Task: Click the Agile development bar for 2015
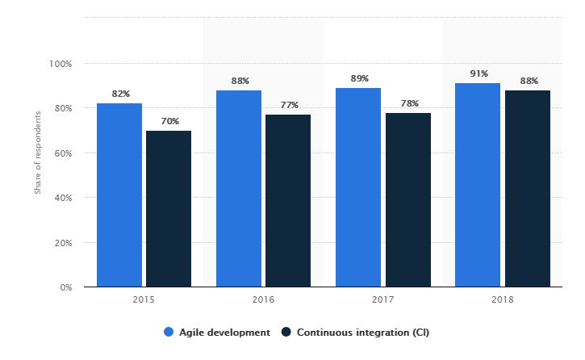[x=119, y=195]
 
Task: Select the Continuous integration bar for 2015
[x=169, y=208]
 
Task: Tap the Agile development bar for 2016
[x=239, y=188]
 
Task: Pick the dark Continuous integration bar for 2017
[x=407, y=199]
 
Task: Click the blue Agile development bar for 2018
[x=478, y=185]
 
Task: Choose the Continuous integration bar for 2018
[x=527, y=188]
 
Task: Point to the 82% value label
[x=120, y=94]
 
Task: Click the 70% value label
[x=169, y=121]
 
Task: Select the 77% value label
[x=289, y=105]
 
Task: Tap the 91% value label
[x=478, y=73]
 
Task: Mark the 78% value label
[x=408, y=103]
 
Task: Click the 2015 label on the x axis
[x=144, y=300]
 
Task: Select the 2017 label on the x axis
[x=383, y=300]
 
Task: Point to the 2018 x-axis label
[x=503, y=300]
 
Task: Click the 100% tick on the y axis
[x=61, y=64]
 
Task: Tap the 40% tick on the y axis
[x=63, y=198]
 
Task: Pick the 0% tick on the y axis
[x=65, y=287]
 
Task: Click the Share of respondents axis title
[x=37, y=153]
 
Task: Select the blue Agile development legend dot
[x=169, y=332]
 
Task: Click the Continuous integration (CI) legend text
[x=357, y=332]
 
